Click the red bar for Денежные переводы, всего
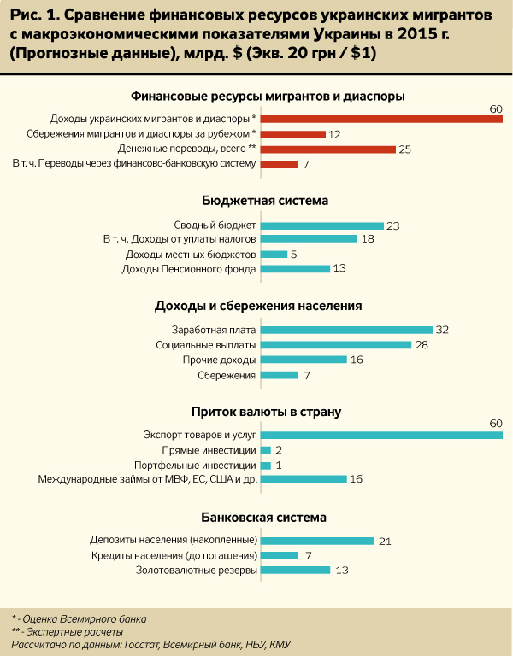(x=327, y=149)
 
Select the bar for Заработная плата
(x=346, y=330)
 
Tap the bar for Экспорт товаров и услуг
(x=380, y=435)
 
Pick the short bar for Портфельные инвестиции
(x=266, y=466)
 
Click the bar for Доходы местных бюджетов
(x=274, y=255)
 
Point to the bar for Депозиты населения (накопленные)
(x=316, y=540)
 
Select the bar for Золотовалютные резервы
(x=295, y=571)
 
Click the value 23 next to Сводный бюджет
(x=393, y=225)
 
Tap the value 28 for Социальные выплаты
(x=421, y=345)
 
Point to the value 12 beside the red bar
(x=334, y=134)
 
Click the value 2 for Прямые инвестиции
(x=279, y=450)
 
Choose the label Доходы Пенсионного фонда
(x=189, y=270)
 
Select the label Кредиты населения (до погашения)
(x=174, y=555)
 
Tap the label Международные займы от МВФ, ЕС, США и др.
(x=147, y=480)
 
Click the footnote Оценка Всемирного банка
(x=84, y=618)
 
